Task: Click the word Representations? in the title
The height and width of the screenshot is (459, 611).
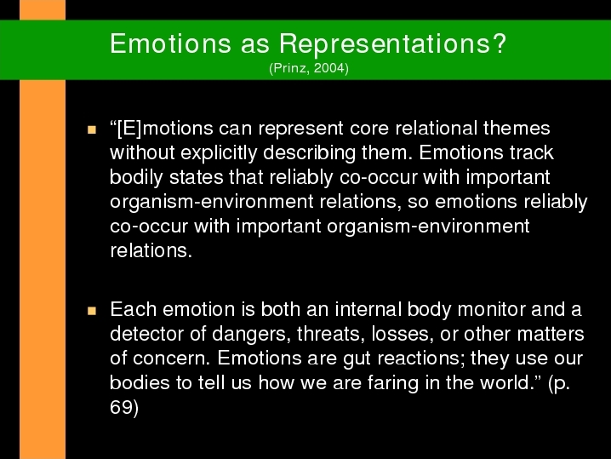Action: coord(393,43)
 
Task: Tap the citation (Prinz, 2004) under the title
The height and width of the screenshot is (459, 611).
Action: coord(309,68)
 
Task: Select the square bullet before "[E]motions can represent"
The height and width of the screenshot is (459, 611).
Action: coord(92,129)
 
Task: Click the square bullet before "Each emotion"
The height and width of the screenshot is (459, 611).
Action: coord(92,311)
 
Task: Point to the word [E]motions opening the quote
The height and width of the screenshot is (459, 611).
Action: coord(162,129)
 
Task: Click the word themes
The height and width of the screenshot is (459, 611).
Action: coord(517,129)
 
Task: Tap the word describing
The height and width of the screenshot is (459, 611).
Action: coord(310,153)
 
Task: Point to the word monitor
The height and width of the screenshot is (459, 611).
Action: coord(491,310)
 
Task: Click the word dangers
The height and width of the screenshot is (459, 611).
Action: coord(251,335)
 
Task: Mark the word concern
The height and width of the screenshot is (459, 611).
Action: coord(171,359)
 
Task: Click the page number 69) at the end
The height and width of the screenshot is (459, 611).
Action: coord(124,408)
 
